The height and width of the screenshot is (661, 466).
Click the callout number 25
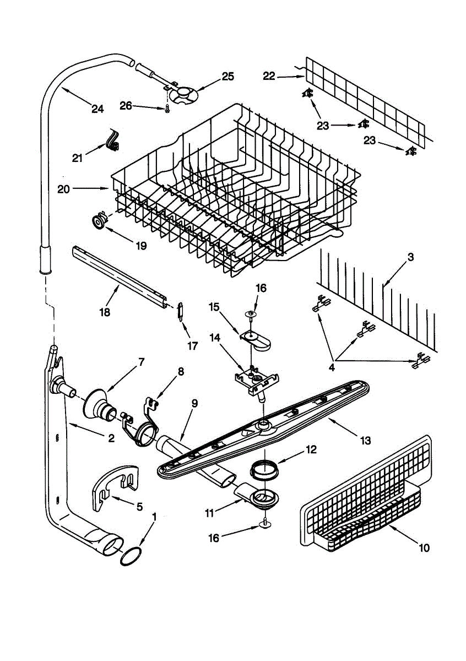click(228, 77)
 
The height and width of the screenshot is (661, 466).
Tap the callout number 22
click(269, 76)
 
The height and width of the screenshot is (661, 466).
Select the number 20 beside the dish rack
click(63, 189)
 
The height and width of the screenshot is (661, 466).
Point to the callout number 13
click(366, 441)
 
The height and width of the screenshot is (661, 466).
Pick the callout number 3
click(410, 257)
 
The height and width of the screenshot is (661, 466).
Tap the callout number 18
click(105, 312)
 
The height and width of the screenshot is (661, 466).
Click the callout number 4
click(332, 368)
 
